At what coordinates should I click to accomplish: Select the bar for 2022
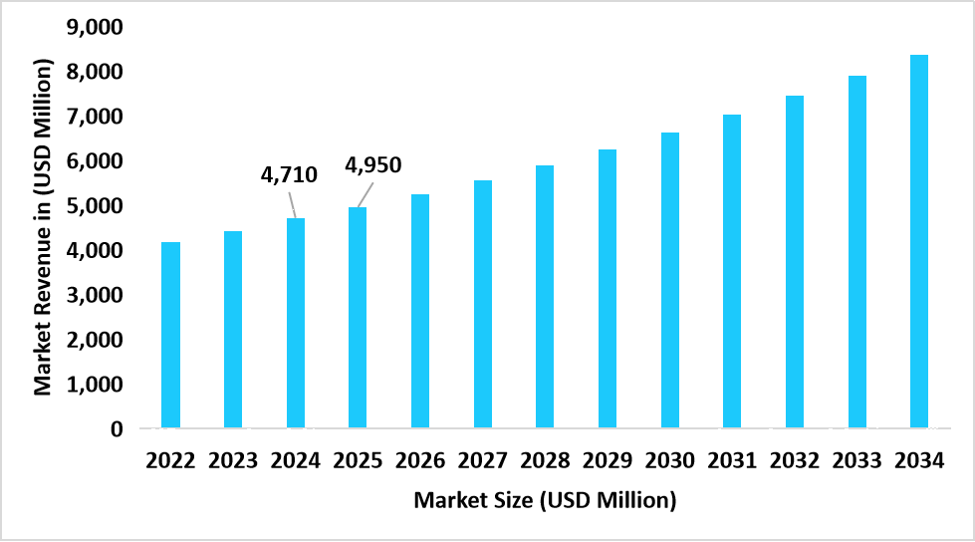pyautogui.click(x=170, y=335)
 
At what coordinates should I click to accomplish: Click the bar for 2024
pyautogui.click(x=295, y=323)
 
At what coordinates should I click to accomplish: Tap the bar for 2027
pyautogui.click(x=482, y=304)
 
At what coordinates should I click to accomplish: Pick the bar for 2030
pyautogui.click(x=669, y=280)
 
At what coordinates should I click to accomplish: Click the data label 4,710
pyautogui.click(x=289, y=175)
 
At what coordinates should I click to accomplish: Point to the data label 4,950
pyautogui.click(x=373, y=164)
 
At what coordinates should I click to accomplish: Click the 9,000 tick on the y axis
pyautogui.click(x=95, y=28)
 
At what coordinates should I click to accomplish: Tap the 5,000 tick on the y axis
pyautogui.click(x=95, y=206)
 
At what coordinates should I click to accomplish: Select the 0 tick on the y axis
pyautogui.click(x=117, y=429)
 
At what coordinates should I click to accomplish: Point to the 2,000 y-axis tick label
pyautogui.click(x=95, y=340)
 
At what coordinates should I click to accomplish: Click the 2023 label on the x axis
pyautogui.click(x=233, y=460)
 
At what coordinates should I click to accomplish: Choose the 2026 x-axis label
pyautogui.click(x=420, y=460)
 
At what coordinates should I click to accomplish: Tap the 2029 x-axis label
pyautogui.click(x=608, y=460)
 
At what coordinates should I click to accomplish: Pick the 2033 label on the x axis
pyautogui.click(x=856, y=460)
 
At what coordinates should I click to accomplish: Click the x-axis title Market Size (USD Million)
pyautogui.click(x=545, y=499)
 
